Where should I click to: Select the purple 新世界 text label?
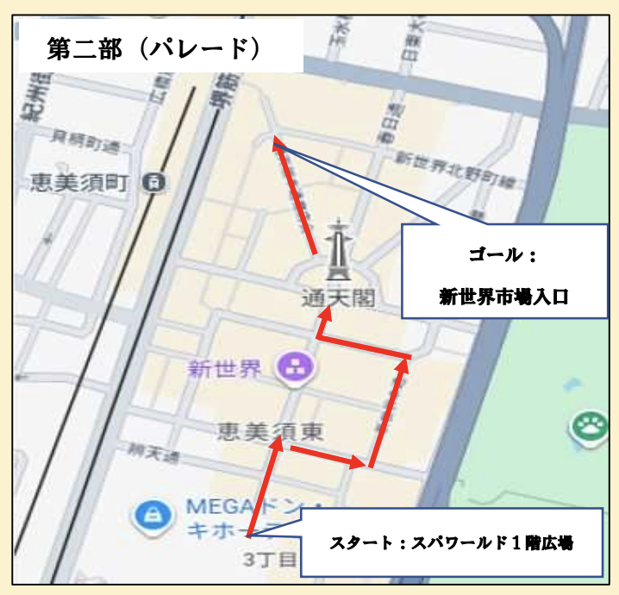[225, 371]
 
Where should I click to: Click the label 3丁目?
[267, 558]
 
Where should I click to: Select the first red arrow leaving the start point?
[263, 487]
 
